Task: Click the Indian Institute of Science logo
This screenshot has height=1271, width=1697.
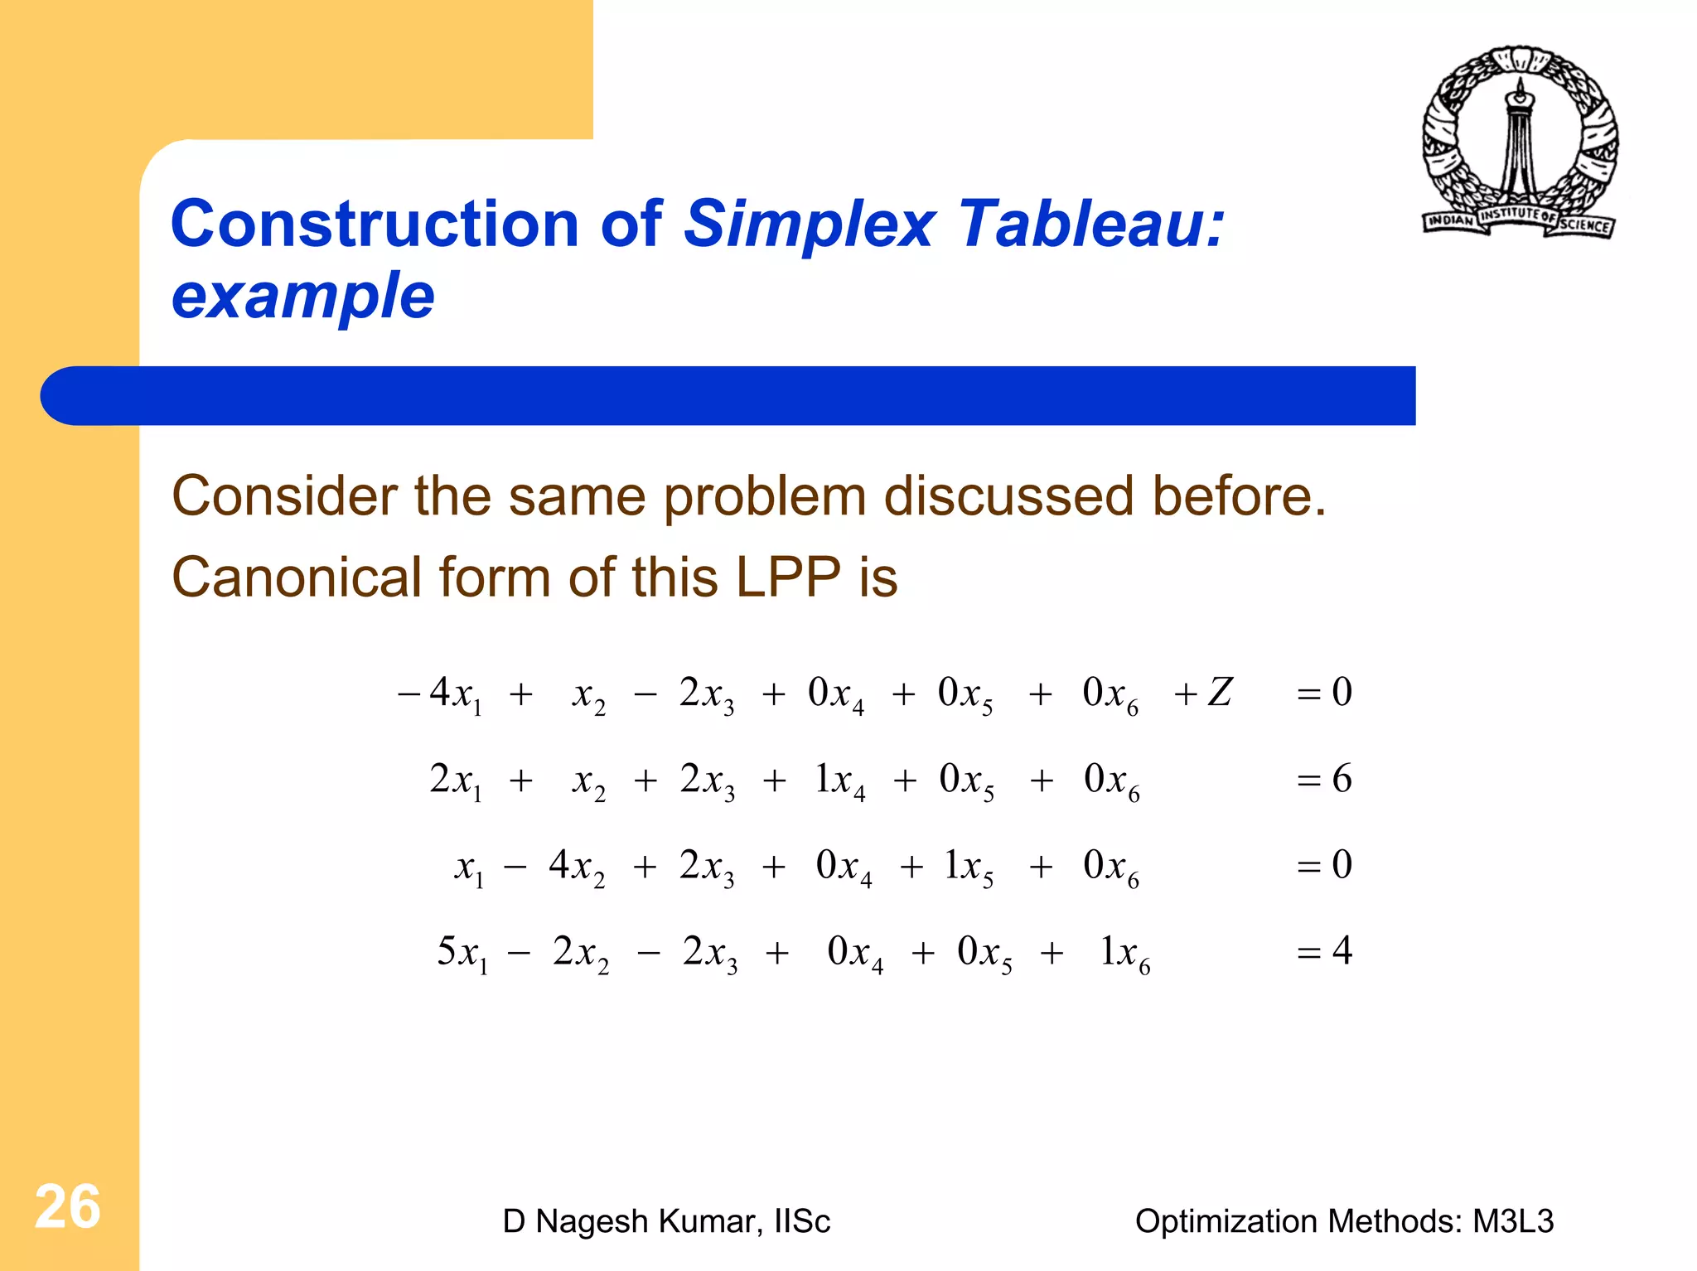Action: tap(1520, 143)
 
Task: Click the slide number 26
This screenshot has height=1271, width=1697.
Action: tap(67, 1206)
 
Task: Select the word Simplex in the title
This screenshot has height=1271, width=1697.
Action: tap(810, 225)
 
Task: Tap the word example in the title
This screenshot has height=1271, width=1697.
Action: tap(302, 296)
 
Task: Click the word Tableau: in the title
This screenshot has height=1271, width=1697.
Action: tap(1091, 225)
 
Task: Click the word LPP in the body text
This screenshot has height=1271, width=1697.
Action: tap(787, 577)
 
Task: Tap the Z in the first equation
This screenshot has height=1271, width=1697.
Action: tap(1220, 692)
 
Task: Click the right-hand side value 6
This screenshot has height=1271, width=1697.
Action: tap(1341, 779)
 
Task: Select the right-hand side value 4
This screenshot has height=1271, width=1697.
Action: tap(1342, 950)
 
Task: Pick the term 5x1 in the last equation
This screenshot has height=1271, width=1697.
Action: tap(462, 953)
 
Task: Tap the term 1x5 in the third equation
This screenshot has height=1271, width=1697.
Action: tap(968, 867)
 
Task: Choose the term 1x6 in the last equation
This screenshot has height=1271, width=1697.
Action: tap(1124, 953)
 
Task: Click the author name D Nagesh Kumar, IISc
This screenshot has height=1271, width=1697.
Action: tap(665, 1221)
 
